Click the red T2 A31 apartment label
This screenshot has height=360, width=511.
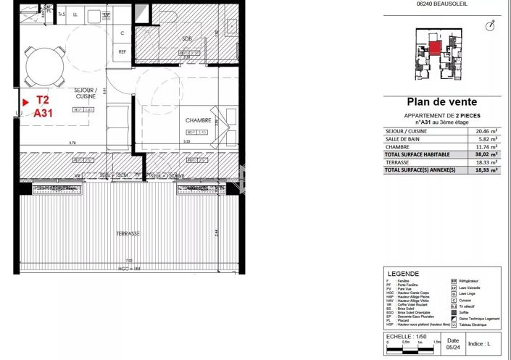point(43,107)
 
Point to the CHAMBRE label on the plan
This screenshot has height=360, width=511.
point(197,120)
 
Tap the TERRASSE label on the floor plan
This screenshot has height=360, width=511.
point(128,234)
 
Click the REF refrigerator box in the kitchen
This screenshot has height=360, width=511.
point(122,51)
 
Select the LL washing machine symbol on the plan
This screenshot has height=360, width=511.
point(75,14)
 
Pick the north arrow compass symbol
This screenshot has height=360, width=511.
point(491,26)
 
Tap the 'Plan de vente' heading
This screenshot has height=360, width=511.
point(441,102)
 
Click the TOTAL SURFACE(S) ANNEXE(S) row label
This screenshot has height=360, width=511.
point(417,169)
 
